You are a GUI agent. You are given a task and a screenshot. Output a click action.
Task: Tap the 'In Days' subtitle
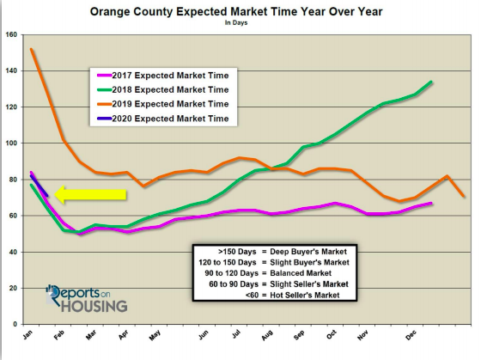pos(236,22)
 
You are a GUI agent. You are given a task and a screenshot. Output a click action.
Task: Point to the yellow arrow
pos(90,194)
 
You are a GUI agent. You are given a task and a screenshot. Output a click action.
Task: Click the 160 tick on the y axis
pos(11,34)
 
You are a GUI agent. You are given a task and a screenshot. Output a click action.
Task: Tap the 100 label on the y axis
pos(11,143)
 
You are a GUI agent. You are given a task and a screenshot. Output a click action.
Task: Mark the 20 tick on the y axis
pos(13,288)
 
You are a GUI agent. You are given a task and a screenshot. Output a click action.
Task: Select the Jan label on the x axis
pos(27,335)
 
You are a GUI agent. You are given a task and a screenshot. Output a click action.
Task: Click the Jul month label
pos(236,334)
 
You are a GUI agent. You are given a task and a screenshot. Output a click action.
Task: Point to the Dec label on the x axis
pos(411,335)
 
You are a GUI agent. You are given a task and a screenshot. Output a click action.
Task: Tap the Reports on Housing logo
pos(87,299)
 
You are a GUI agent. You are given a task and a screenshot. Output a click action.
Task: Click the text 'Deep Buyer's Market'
pos(308,252)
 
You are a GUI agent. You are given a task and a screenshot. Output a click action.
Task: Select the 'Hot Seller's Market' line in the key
pos(305,296)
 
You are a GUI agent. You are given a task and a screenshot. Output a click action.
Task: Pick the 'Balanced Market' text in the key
pos(301,273)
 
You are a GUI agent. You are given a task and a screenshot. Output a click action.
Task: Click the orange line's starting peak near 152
pos(31,49)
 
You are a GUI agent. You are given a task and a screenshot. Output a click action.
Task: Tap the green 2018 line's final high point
pos(431,82)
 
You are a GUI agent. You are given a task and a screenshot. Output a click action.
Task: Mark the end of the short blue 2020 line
pos(47,196)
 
